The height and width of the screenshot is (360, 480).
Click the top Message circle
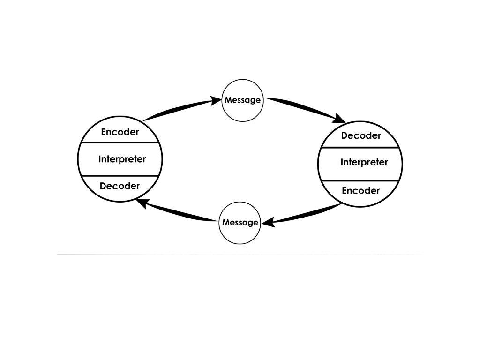click(242, 100)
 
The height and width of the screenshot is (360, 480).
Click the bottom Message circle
click(240, 223)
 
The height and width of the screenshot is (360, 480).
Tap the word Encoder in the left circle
click(120, 132)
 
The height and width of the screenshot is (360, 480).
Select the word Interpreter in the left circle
click(122, 159)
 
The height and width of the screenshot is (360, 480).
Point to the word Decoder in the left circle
click(120, 186)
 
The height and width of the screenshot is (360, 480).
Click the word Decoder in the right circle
click(361, 136)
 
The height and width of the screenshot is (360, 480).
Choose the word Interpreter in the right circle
click(364, 163)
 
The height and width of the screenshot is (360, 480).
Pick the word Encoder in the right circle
click(360, 191)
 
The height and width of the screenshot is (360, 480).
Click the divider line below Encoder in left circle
click(120, 142)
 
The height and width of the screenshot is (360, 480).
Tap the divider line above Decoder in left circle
click(120, 176)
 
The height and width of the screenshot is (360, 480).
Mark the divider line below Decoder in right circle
click(360, 148)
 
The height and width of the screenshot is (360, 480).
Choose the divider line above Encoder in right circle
click(360, 180)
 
